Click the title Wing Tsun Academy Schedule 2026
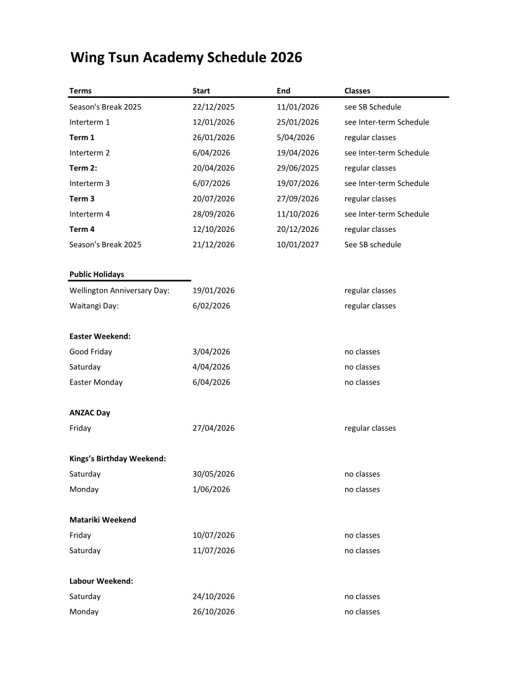pos(186,58)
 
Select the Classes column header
pos(357,91)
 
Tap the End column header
pos(283,91)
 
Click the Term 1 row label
pos(82,138)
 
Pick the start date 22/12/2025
pos(213,107)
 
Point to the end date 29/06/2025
pos(298,168)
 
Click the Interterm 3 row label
pos(89,184)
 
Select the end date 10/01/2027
pos(298,244)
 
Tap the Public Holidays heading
pos(97,275)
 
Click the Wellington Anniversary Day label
pos(120,290)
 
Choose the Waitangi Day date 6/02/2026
pos(211,306)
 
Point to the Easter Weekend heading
pos(100,336)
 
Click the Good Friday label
pos(91,352)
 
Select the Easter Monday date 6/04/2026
pos(211,382)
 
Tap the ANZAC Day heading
pos(90,412)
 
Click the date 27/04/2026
pos(213,428)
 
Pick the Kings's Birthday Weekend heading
pos(117,459)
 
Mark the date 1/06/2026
pos(211,489)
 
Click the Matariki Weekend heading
pos(102,520)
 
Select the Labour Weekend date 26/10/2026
pos(213,611)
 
